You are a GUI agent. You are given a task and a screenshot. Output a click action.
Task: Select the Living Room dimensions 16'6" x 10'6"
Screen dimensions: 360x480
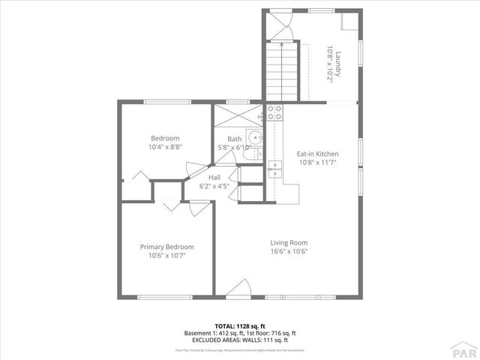tap(289, 251)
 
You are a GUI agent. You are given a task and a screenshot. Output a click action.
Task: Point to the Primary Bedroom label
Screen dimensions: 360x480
tap(166, 247)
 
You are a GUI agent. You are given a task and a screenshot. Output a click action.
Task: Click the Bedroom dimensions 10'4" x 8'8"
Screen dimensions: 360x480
tap(165, 147)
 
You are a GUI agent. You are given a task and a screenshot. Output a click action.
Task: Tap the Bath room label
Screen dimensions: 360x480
tap(235, 139)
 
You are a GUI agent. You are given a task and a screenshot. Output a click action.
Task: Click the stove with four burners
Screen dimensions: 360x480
tap(274, 112)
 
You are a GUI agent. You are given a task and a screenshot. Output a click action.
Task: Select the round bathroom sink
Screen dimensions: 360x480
tap(256, 137)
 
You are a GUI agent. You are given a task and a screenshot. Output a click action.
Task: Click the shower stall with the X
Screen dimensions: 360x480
tap(238, 116)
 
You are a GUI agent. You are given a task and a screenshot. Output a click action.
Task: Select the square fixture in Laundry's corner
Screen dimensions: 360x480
tap(349, 20)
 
